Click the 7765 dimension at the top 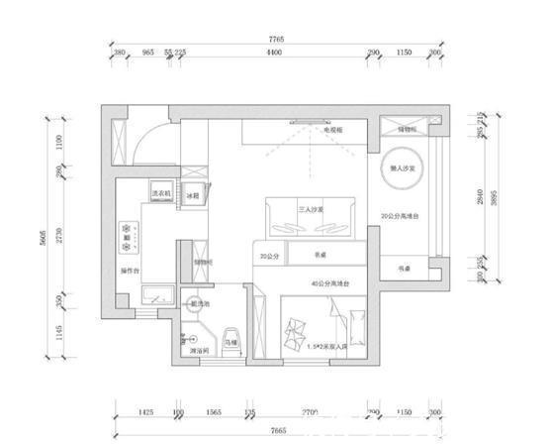(x=276, y=39)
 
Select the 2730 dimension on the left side (x=59, y=235)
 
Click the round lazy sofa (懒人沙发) (x=408, y=169)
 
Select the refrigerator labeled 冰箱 (x=194, y=195)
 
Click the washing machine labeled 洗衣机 (x=160, y=192)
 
